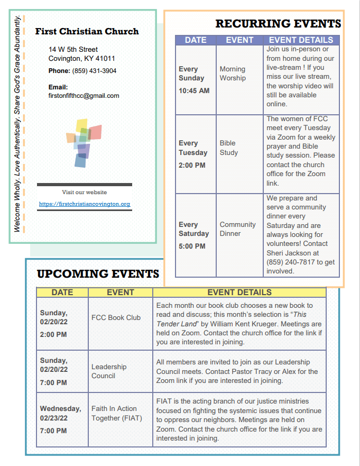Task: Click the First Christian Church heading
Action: click(x=87, y=32)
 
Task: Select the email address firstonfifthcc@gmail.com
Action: click(x=84, y=96)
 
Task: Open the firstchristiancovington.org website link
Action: click(x=85, y=204)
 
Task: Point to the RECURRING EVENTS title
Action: click(x=278, y=24)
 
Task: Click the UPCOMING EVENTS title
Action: click(x=98, y=273)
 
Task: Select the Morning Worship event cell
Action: click(x=233, y=74)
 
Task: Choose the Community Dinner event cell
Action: click(x=237, y=229)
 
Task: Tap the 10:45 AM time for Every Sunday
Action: click(x=194, y=90)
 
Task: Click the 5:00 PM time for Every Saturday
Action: click(x=192, y=246)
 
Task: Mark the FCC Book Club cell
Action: click(x=116, y=317)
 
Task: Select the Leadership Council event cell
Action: click(x=109, y=371)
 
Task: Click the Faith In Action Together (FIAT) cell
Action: click(x=114, y=413)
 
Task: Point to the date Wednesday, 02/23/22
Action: click(x=60, y=413)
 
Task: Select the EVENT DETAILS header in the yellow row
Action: click(x=239, y=292)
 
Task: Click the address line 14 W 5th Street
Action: click(x=73, y=50)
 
